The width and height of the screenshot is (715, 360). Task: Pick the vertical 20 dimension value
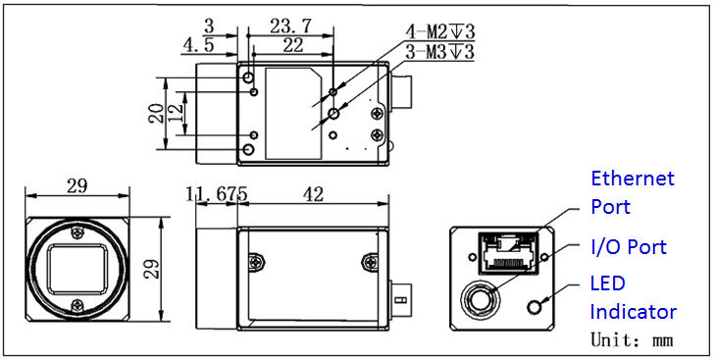(x=155, y=113)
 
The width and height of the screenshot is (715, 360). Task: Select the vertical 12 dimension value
(x=176, y=113)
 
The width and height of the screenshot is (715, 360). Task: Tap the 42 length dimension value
(x=313, y=195)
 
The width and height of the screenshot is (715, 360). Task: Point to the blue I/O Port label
(x=628, y=247)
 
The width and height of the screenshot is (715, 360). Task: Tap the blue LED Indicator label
(x=633, y=297)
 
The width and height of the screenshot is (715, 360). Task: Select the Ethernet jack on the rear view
(x=502, y=252)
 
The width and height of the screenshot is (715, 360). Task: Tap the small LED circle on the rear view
(x=535, y=306)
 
